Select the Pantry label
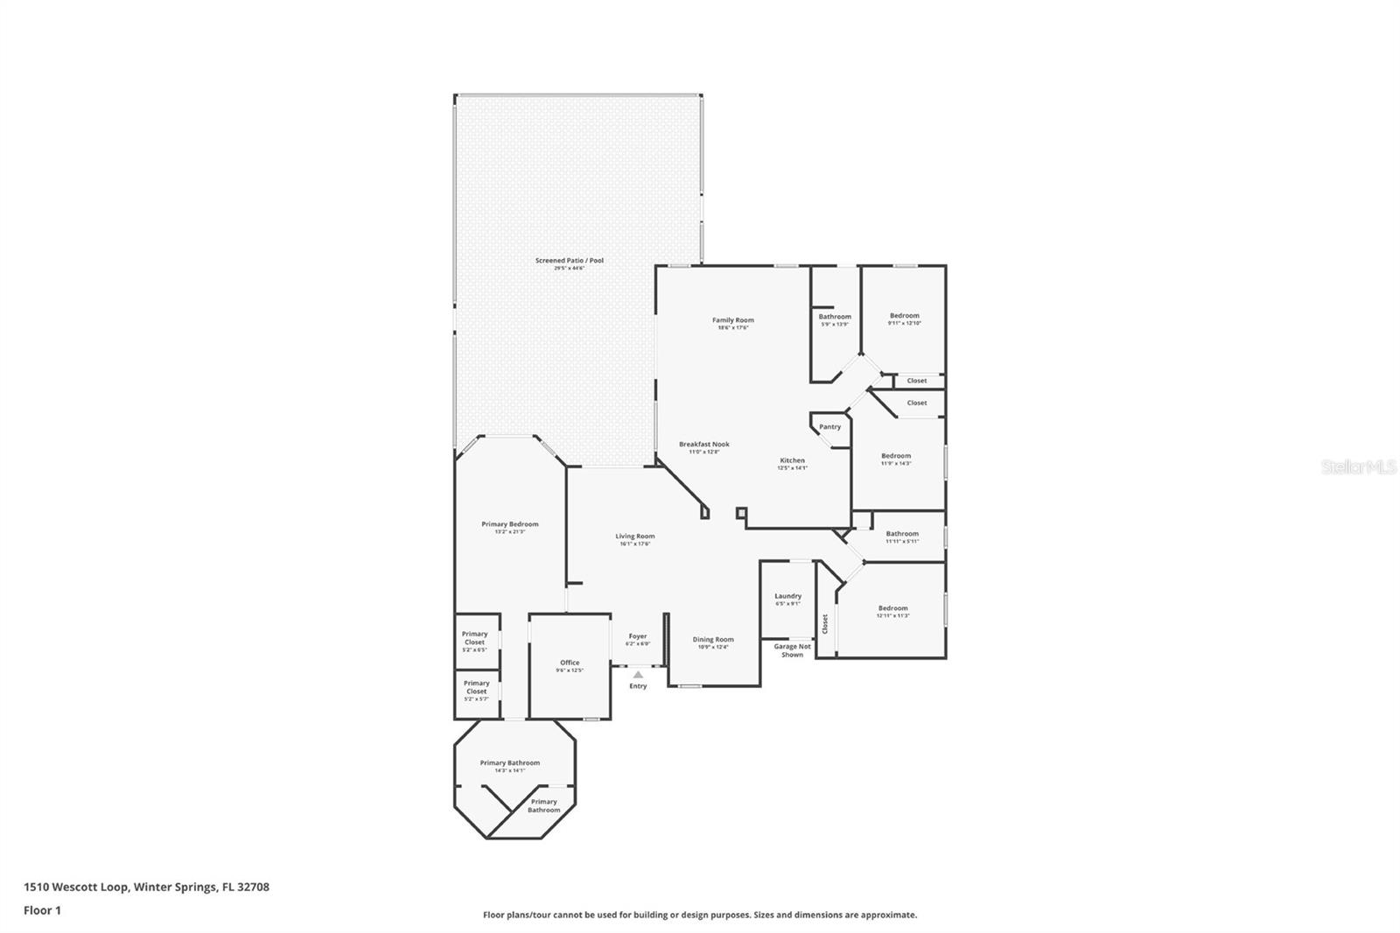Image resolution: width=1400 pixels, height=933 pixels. point(829,427)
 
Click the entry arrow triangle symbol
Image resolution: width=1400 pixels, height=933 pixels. point(638,675)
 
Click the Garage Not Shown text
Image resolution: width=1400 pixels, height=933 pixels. point(792,650)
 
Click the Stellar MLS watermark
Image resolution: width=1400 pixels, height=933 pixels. point(1358,467)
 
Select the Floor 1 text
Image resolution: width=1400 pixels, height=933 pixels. point(42,910)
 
